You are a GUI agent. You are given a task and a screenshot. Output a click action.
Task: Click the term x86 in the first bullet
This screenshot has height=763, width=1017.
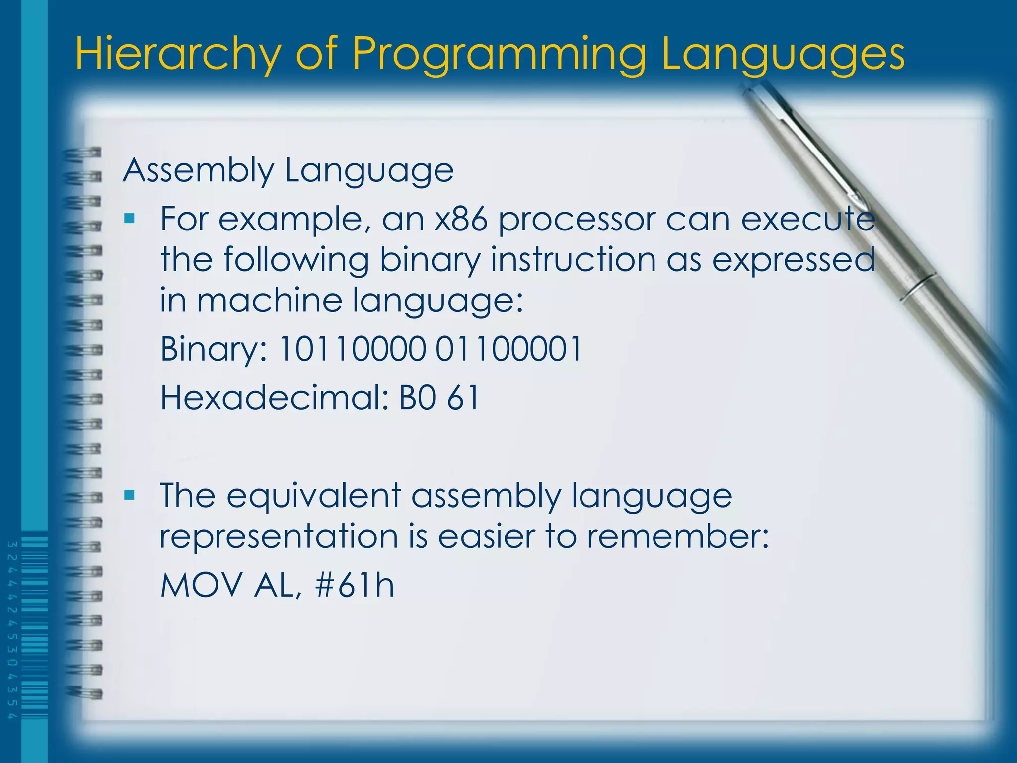tap(461, 219)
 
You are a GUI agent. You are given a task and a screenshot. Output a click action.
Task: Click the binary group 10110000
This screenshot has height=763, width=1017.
tap(352, 349)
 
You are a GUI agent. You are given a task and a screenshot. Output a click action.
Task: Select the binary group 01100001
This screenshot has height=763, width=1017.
tap(508, 349)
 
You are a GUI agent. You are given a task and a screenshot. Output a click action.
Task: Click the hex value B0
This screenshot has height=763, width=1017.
tap(418, 397)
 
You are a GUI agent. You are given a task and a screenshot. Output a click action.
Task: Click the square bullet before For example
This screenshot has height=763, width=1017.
tap(130, 218)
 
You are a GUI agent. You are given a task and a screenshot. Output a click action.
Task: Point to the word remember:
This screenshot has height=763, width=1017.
tap(678, 536)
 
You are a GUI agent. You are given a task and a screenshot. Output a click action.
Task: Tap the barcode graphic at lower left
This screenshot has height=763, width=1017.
tap(34, 628)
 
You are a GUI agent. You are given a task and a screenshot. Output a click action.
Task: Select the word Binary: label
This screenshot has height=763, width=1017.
tap(214, 349)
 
